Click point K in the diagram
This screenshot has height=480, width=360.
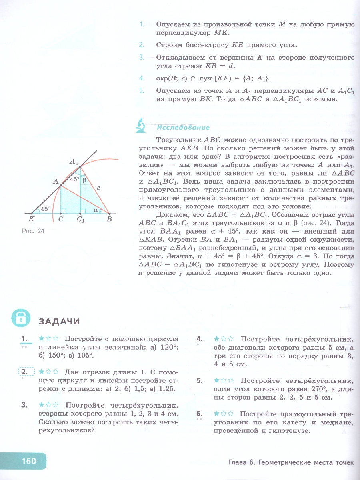(x=32, y=214)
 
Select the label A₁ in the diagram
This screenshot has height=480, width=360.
(x=74, y=162)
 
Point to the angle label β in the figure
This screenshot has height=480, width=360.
(x=84, y=180)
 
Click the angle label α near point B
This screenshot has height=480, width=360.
(x=95, y=209)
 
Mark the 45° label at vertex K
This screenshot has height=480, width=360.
(x=45, y=208)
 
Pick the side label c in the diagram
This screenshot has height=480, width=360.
(x=98, y=187)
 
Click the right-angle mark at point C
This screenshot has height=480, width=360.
(x=62, y=211)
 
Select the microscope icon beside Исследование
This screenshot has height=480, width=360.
(x=141, y=126)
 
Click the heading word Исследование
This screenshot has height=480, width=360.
(x=183, y=128)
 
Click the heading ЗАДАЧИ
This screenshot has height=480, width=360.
(x=59, y=321)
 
